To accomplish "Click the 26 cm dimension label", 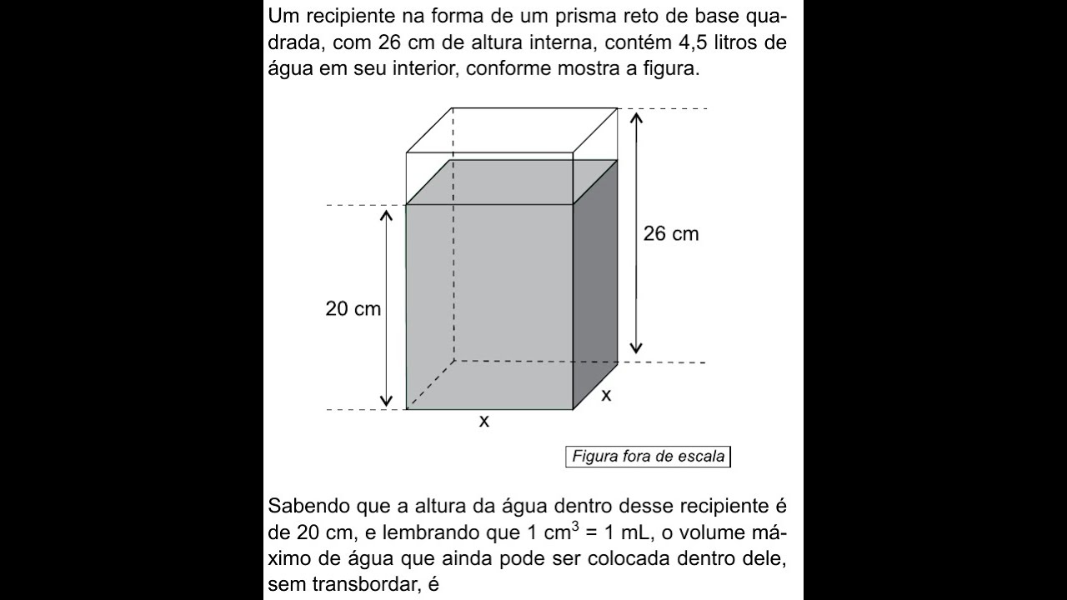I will click(670, 234).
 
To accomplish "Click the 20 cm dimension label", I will click(353, 309).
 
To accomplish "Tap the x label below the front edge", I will click(483, 422).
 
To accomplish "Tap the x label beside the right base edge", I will click(606, 395).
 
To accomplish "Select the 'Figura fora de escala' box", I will click(648, 457).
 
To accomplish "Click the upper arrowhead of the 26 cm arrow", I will click(637, 117).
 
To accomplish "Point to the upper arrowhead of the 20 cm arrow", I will click(386, 215).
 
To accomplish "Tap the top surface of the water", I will click(510, 182).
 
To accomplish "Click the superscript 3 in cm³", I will click(573, 525).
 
